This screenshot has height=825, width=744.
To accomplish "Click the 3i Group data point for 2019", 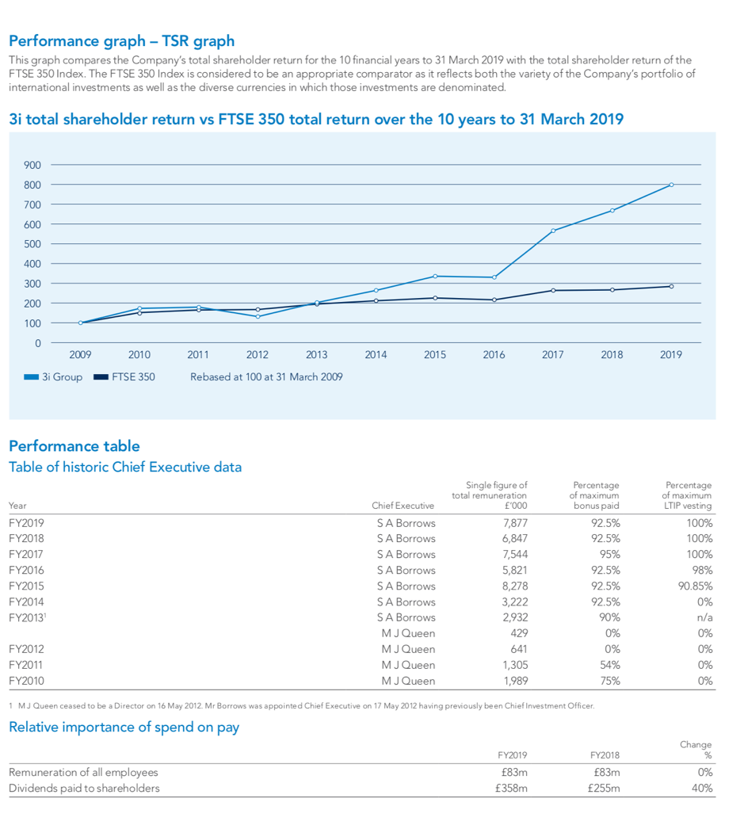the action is [671, 185].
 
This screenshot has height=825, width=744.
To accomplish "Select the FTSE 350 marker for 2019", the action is [671, 286].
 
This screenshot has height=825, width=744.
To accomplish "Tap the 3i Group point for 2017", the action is [553, 231].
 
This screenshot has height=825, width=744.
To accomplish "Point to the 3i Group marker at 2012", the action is [258, 316].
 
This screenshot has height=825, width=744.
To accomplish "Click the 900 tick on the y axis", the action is [32, 165].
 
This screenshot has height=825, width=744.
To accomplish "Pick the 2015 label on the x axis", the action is [435, 354].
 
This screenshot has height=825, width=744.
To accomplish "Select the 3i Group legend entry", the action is [53, 376].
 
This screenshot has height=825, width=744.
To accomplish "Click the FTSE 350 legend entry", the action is [124, 376].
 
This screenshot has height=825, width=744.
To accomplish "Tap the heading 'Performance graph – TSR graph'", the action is [121, 41].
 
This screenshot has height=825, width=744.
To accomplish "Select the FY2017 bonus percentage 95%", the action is [610, 555].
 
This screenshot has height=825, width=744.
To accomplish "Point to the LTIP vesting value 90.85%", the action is [695, 586].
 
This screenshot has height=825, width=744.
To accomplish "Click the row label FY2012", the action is [26, 649].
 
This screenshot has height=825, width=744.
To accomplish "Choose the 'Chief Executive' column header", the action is [403, 506].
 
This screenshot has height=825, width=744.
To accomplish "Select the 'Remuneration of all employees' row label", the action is [83, 773].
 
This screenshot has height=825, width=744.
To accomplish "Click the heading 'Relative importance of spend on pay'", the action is [124, 728].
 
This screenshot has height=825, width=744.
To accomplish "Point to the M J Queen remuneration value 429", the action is [519, 633].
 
